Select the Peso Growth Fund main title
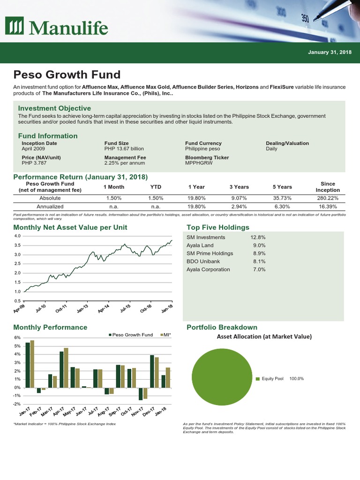(x=67, y=75)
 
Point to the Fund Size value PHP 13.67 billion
(x=124, y=149)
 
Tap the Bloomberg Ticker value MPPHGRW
(x=200, y=163)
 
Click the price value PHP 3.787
(x=34, y=163)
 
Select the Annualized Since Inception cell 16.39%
(x=327, y=206)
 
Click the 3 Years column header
(x=239, y=187)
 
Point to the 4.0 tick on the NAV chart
(x=17, y=236)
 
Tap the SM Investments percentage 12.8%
(x=258, y=237)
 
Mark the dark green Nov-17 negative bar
(x=140, y=394)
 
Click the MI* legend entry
(x=165, y=335)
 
